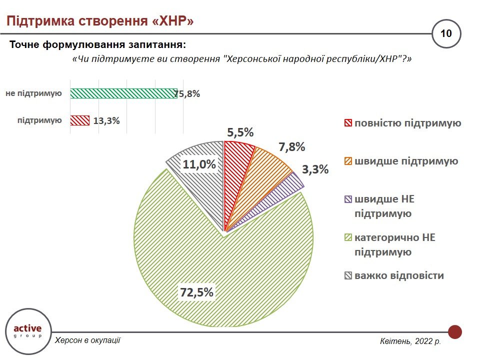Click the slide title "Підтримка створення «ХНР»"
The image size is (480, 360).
(99, 21)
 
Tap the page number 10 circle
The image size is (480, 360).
(446, 33)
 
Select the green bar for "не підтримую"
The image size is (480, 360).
(123, 93)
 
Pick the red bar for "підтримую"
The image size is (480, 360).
(80, 120)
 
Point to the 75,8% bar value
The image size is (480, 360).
(187, 93)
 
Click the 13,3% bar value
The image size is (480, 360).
(106, 120)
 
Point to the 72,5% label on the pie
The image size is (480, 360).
(197, 292)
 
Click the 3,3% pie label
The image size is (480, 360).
(315, 169)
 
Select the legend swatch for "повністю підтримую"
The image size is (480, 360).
(348, 123)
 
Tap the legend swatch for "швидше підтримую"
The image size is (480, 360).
(348, 161)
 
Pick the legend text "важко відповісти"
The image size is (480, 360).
(399, 275)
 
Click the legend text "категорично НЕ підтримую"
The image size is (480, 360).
(395, 245)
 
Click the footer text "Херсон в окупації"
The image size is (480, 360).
(87, 340)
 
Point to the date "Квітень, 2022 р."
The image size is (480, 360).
(410, 341)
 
